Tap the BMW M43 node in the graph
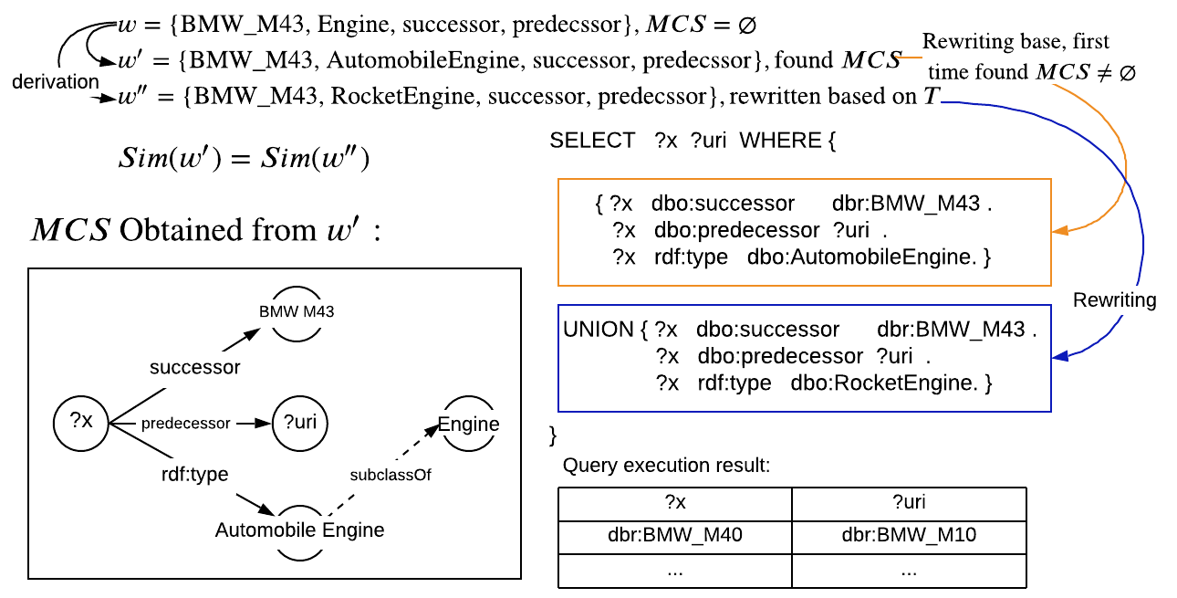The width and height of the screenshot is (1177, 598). click(296, 311)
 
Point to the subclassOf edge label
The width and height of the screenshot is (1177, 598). click(391, 475)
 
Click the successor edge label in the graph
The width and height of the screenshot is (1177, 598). click(195, 367)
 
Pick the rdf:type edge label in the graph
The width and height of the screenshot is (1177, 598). click(194, 474)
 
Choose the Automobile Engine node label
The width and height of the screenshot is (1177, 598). click(299, 530)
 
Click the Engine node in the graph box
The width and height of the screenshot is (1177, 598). click(469, 424)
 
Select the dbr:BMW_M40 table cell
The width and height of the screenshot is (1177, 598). click(674, 535)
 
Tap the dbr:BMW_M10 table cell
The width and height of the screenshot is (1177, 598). click(909, 535)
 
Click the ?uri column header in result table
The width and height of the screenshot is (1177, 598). click(909, 502)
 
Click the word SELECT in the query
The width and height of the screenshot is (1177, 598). click(592, 141)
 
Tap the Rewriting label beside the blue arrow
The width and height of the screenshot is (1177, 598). click(1114, 300)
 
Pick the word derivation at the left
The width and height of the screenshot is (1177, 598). click(56, 82)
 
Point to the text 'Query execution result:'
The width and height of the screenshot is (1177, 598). click(666, 466)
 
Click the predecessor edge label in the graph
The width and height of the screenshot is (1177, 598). click(185, 424)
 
